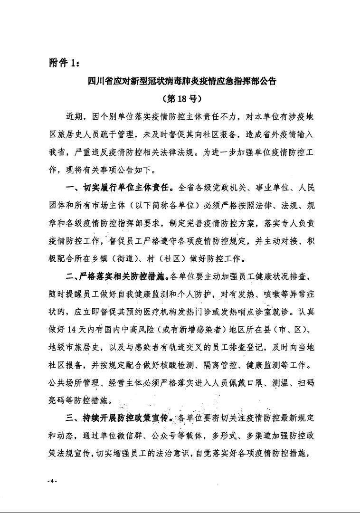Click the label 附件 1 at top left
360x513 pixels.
click(65, 63)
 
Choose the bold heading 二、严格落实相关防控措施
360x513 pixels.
click(117, 275)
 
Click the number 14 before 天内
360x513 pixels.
click(76, 330)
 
